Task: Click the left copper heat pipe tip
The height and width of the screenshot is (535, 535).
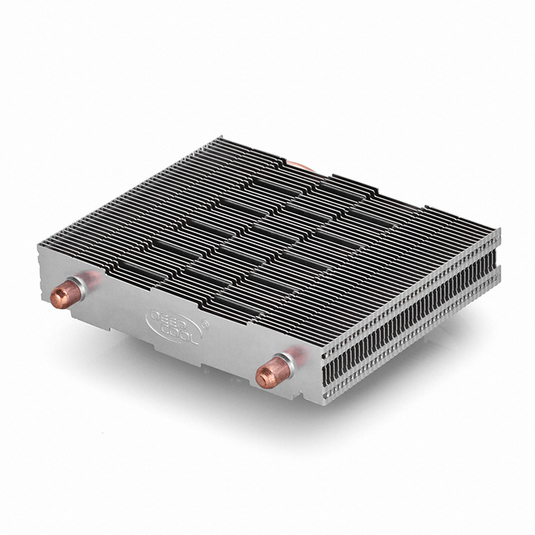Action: click(x=65, y=294)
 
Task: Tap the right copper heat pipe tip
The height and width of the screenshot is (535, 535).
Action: click(x=272, y=372)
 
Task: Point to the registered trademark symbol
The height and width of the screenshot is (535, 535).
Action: click(x=205, y=324)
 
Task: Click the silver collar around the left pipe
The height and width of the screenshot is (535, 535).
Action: click(x=79, y=286)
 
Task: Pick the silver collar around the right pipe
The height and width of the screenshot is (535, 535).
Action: click(x=287, y=364)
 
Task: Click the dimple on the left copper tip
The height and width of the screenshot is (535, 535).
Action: click(x=57, y=299)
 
